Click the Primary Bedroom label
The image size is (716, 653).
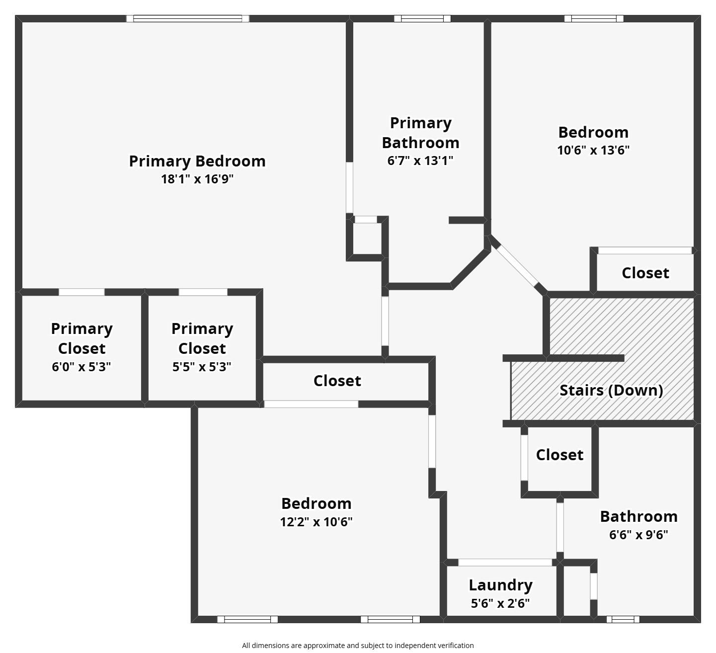point(197,161)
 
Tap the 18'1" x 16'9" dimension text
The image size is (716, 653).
point(197,179)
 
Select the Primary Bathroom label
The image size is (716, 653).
point(420,133)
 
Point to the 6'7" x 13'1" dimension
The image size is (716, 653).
point(420,161)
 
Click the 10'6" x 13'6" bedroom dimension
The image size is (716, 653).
point(593,150)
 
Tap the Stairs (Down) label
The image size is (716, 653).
point(611,390)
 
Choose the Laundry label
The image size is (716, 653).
point(500,585)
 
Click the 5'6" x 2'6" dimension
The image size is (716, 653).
point(500,603)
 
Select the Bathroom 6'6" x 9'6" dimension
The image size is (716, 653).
point(638,535)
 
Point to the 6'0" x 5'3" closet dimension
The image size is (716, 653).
point(81,367)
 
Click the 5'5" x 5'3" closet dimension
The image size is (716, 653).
point(202,367)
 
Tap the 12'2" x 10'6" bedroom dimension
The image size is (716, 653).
point(317,522)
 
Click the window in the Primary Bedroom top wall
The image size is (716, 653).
point(187,19)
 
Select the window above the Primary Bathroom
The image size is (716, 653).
point(422,19)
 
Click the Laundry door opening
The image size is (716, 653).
point(505,563)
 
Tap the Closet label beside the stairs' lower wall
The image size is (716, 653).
point(559,455)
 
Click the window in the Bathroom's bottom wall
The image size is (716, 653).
point(623,619)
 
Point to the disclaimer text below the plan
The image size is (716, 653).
point(358,646)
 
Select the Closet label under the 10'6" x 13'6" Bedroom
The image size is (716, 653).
point(645,273)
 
